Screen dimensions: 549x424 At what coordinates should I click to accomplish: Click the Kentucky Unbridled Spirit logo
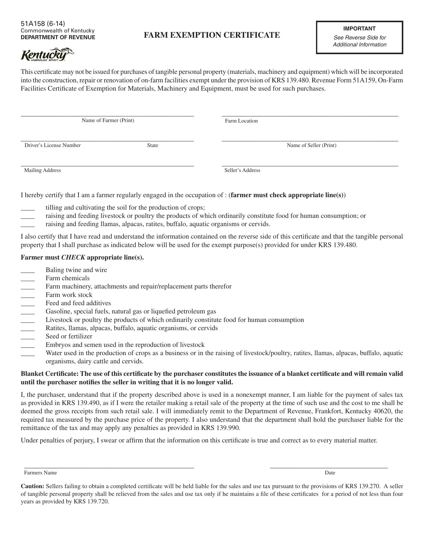click(47, 55)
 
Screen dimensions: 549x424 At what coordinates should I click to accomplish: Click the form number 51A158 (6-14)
click(43, 24)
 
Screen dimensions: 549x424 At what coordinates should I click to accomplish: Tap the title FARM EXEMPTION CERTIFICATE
click(212, 35)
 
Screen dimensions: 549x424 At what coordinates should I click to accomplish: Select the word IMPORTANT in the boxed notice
click(359, 29)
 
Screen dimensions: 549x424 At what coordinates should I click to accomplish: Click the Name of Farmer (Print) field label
click(108, 121)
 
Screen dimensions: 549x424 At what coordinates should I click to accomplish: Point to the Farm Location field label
click(241, 121)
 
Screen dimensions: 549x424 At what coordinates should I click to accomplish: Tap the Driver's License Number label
click(52, 145)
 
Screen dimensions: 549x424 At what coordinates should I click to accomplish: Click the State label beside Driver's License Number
click(152, 145)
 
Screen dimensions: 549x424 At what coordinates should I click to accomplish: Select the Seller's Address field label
click(242, 170)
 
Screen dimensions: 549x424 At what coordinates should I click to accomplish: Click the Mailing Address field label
click(42, 170)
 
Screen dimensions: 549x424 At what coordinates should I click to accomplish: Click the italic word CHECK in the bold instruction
click(73, 258)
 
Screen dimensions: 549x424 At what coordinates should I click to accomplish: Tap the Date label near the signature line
click(330, 473)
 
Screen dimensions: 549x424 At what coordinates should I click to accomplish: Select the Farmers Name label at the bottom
click(40, 473)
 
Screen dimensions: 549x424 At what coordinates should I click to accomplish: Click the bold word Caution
click(32, 486)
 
